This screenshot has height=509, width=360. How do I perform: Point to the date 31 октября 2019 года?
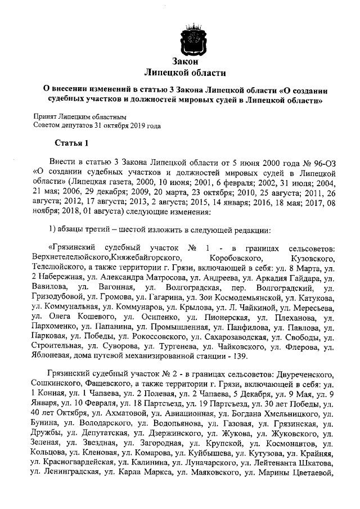(x=127, y=125)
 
